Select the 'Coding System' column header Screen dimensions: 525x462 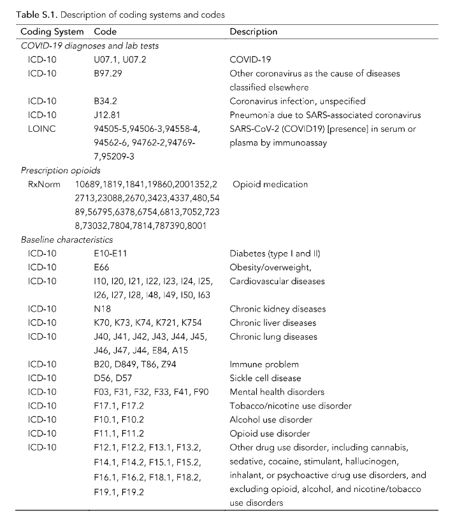[x=52, y=31]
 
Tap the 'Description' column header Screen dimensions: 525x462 [x=253, y=31]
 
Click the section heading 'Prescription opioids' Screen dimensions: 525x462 [x=61, y=170]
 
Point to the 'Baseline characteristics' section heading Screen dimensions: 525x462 [x=67, y=240]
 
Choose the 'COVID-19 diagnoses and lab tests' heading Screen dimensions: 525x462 [x=90, y=45]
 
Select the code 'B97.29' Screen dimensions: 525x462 [x=108, y=73]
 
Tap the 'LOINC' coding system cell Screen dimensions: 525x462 [x=41, y=129]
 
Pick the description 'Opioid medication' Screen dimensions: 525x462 [x=270, y=184]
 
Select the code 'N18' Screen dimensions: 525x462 [x=101, y=309]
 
